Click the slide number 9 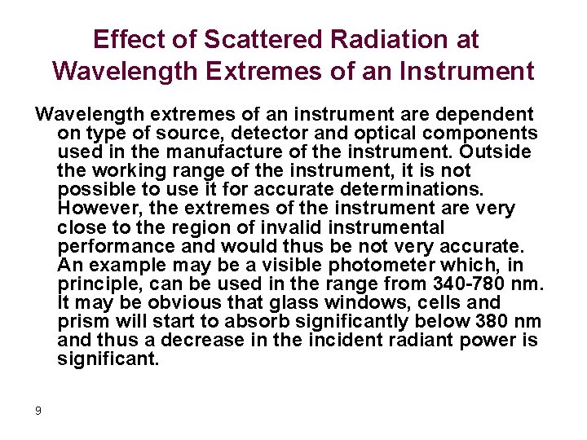pos(38,410)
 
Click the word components pos(483,134)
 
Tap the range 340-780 pos(467,284)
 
